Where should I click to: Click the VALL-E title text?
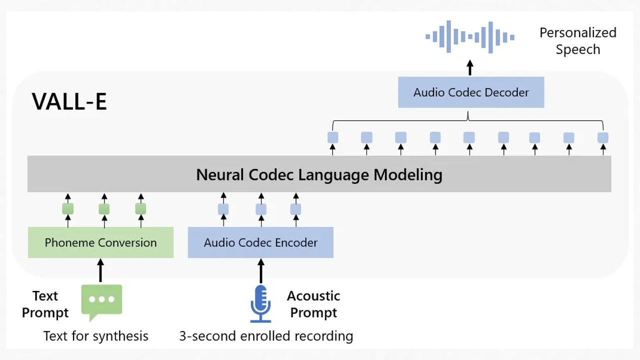click(69, 101)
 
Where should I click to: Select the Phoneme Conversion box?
click(100, 242)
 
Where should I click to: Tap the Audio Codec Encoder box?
click(260, 242)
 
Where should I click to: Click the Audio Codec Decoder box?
click(471, 92)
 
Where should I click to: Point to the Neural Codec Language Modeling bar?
click(319, 174)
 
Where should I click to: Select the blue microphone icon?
click(260, 303)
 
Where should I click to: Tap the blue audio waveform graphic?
click(469, 36)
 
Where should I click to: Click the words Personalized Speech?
click(577, 41)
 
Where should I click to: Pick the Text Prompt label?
click(45, 304)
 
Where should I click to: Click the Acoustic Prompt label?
click(313, 304)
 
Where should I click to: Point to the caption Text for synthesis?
click(95, 336)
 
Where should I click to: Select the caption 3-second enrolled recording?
click(266, 336)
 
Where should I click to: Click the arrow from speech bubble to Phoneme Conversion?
click(100, 270)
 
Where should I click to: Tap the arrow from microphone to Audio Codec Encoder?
click(260, 270)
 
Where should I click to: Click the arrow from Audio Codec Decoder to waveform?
click(469, 68)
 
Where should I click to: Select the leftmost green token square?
click(68, 208)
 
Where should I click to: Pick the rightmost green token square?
click(140, 208)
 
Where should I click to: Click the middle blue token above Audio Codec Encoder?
click(261, 209)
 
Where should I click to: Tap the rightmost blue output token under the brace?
click(603, 137)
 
